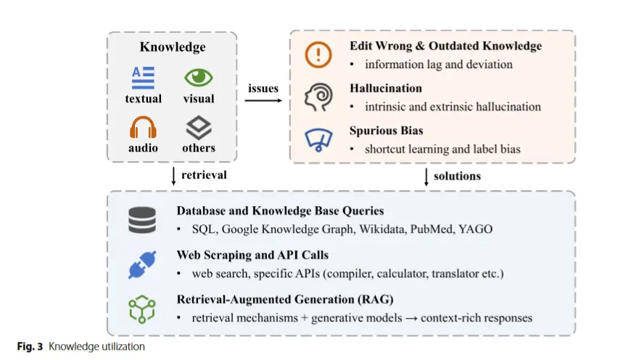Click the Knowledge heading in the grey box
173,47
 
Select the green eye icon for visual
198,77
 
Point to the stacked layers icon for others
198,128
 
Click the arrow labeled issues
263,100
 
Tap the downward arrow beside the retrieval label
173,175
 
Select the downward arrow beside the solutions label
426,176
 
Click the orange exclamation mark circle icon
319,54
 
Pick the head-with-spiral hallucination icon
319,97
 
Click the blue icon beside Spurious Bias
319,139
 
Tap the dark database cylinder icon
142,220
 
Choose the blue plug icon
142,265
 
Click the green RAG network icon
142,308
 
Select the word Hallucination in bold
385,89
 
